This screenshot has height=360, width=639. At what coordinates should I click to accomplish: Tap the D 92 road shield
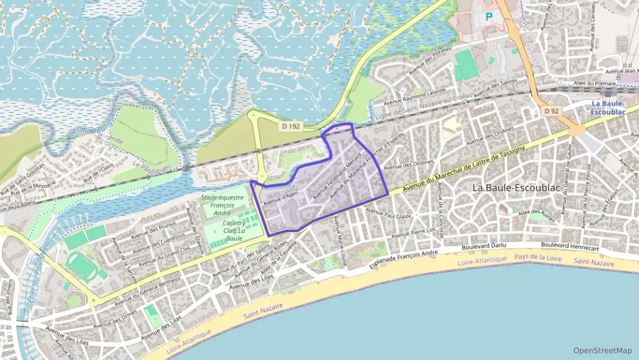pyautogui.click(x=552, y=110)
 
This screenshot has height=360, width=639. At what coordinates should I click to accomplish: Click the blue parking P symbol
pyautogui.click(x=489, y=15)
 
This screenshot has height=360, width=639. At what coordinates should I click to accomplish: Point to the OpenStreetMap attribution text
pyautogui.click(x=603, y=350)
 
